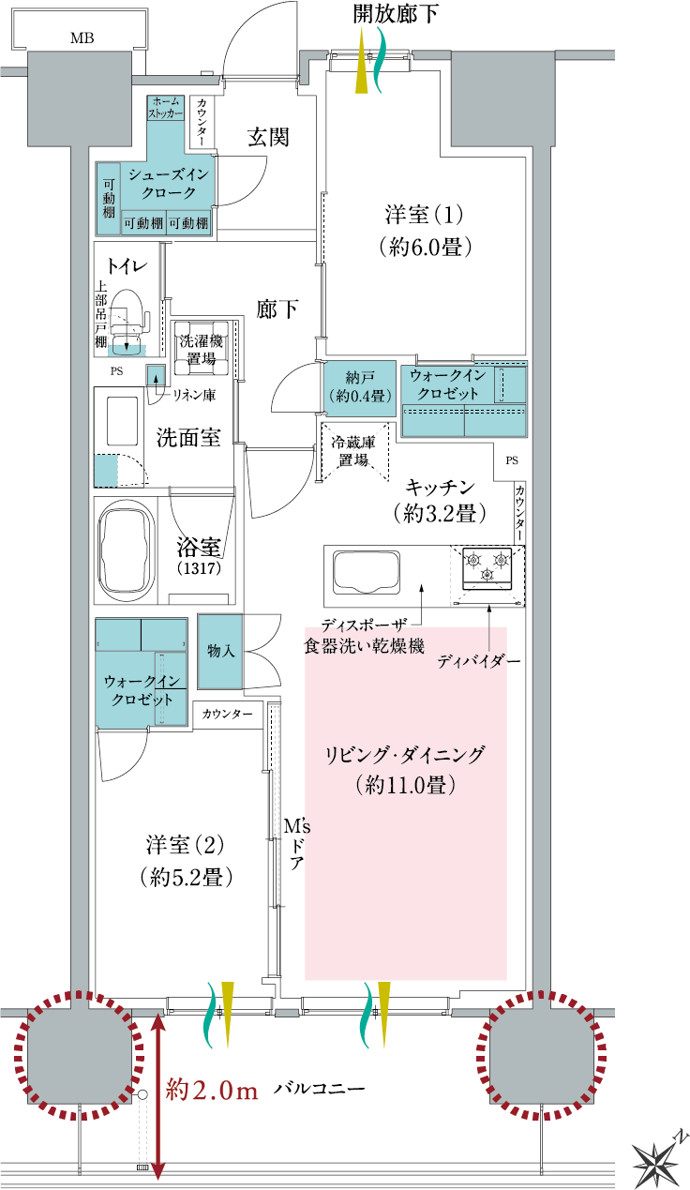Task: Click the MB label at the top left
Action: tap(82, 38)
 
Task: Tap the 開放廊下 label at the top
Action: tap(396, 14)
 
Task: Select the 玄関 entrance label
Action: tap(268, 138)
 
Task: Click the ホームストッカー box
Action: tap(166, 108)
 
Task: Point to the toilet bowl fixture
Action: tap(127, 319)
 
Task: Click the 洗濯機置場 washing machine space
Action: tap(202, 349)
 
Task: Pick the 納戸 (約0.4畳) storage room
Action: tap(360, 387)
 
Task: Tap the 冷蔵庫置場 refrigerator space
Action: tap(353, 451)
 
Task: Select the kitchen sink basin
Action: tap(367, 573)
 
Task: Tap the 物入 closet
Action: tap(220, 652)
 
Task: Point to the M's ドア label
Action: tap(296, 844)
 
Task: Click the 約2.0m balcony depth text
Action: tap(212, 1092)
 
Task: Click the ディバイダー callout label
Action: tap(478, 662)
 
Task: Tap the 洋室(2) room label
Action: tap(186, 846)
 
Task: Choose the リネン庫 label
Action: tap(193, 395)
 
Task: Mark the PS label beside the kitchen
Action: tap(512, 460)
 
